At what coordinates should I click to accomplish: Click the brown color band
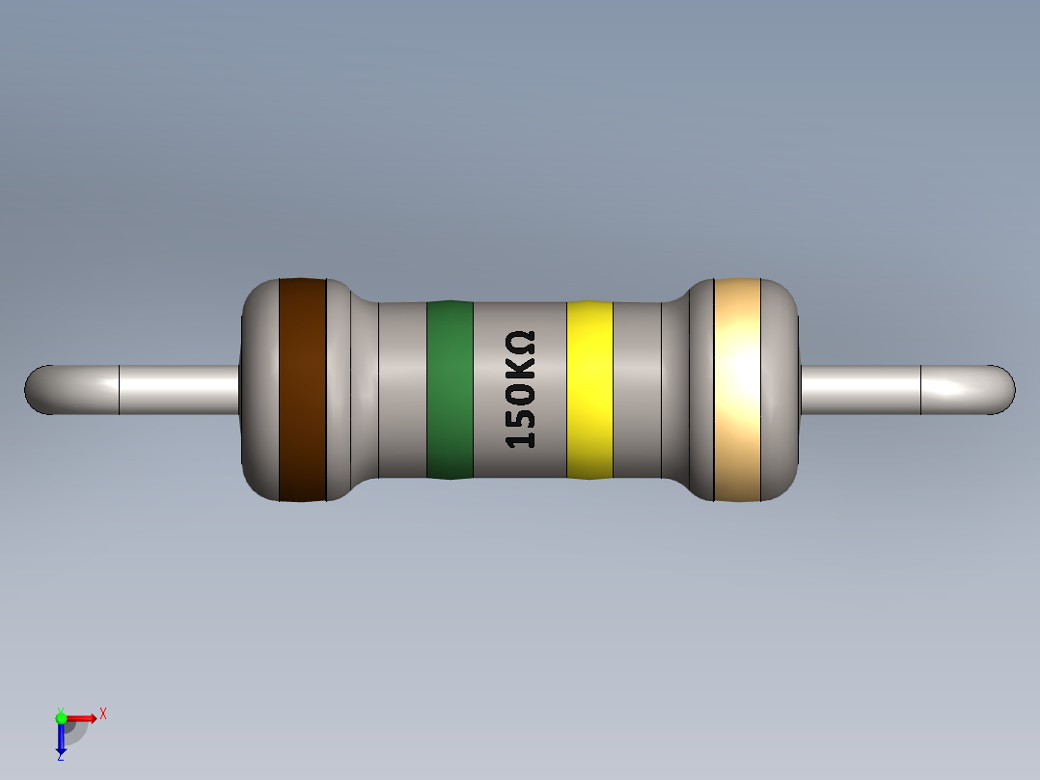click(303, 389)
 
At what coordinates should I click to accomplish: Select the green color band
click(450, 389)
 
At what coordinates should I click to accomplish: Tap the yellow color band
click(589, 389)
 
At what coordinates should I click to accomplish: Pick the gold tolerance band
click(737, 389)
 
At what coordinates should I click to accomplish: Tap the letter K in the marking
click(521, 369)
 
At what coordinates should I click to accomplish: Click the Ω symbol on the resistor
click(521, 343)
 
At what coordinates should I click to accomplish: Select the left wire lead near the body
click(183, 390)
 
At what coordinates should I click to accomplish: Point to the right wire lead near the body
click(859, 390)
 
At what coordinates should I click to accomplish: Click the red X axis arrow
click(83, 717)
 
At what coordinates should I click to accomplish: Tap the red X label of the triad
click(103, 714)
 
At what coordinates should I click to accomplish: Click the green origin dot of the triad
click(61, 717)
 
